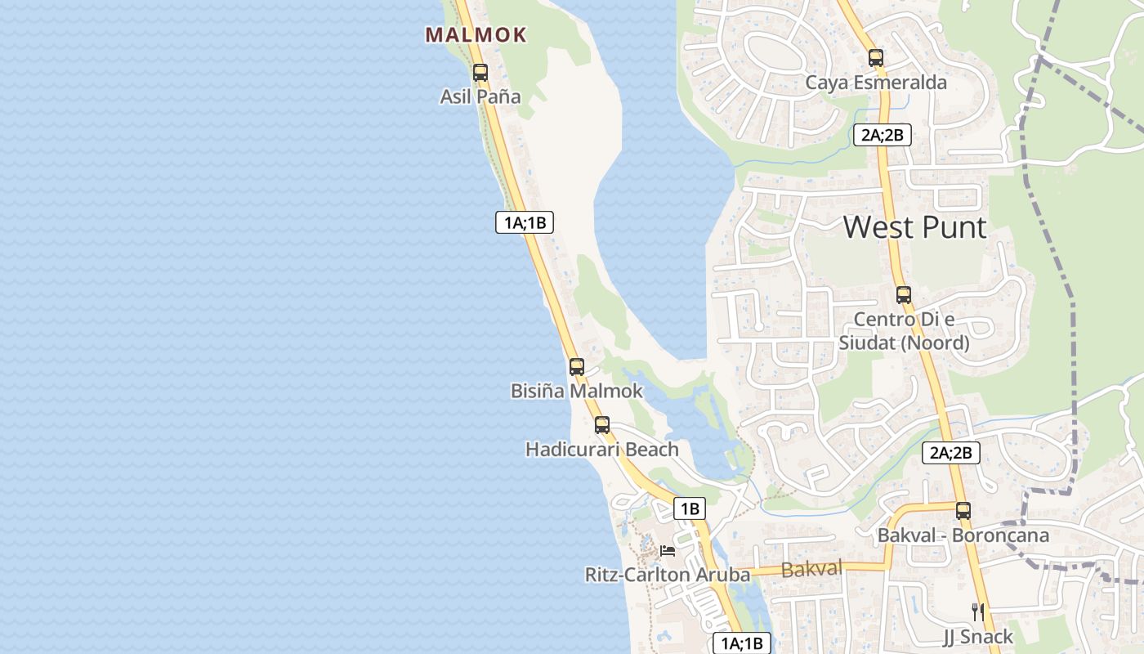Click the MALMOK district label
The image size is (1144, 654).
click(476, 35)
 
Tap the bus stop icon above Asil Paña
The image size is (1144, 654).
click(480, 72)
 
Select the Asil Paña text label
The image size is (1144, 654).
click(480, 96)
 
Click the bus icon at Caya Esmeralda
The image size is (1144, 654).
click(876, 58)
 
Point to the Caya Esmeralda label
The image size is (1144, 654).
click(876, 83)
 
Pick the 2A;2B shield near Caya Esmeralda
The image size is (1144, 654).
click(883, 135)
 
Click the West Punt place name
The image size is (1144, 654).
click(914, 227)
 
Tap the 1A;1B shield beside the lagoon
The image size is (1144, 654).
click(525, 222)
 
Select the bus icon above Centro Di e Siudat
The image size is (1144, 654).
click(904, 295)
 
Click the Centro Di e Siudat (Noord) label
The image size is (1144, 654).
click(904, 331)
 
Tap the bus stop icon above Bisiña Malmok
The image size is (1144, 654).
click(577, 367)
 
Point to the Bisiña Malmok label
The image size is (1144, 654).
click(577, 392)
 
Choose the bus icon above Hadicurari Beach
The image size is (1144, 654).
click(602, 425)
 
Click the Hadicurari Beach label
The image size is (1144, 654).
click(602, 450)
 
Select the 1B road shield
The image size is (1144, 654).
click(689, 508)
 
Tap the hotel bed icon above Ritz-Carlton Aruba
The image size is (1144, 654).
click(668, 551)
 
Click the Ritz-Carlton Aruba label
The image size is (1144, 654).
click(668, 576)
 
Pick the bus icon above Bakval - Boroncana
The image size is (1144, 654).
click(963, 511)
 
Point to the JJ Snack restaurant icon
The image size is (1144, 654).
click(977, 611)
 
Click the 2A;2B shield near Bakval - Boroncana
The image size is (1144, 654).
click(950, 452)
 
